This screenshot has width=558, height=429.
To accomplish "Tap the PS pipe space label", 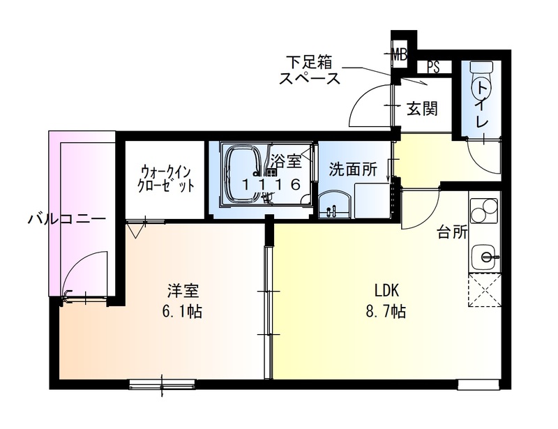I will (433, 68).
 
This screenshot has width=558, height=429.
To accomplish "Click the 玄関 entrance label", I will (421, 109).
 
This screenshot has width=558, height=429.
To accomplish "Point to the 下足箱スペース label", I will (310, 69).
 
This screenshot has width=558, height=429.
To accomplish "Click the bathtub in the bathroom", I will (243, 174).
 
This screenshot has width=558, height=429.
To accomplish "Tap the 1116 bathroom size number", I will (273, 185).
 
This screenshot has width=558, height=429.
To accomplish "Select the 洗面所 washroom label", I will (353, 169).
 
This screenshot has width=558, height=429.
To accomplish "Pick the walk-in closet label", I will (166, 179).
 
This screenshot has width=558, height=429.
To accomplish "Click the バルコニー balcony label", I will (67, 219).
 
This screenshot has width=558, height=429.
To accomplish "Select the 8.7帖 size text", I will (385, 311).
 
